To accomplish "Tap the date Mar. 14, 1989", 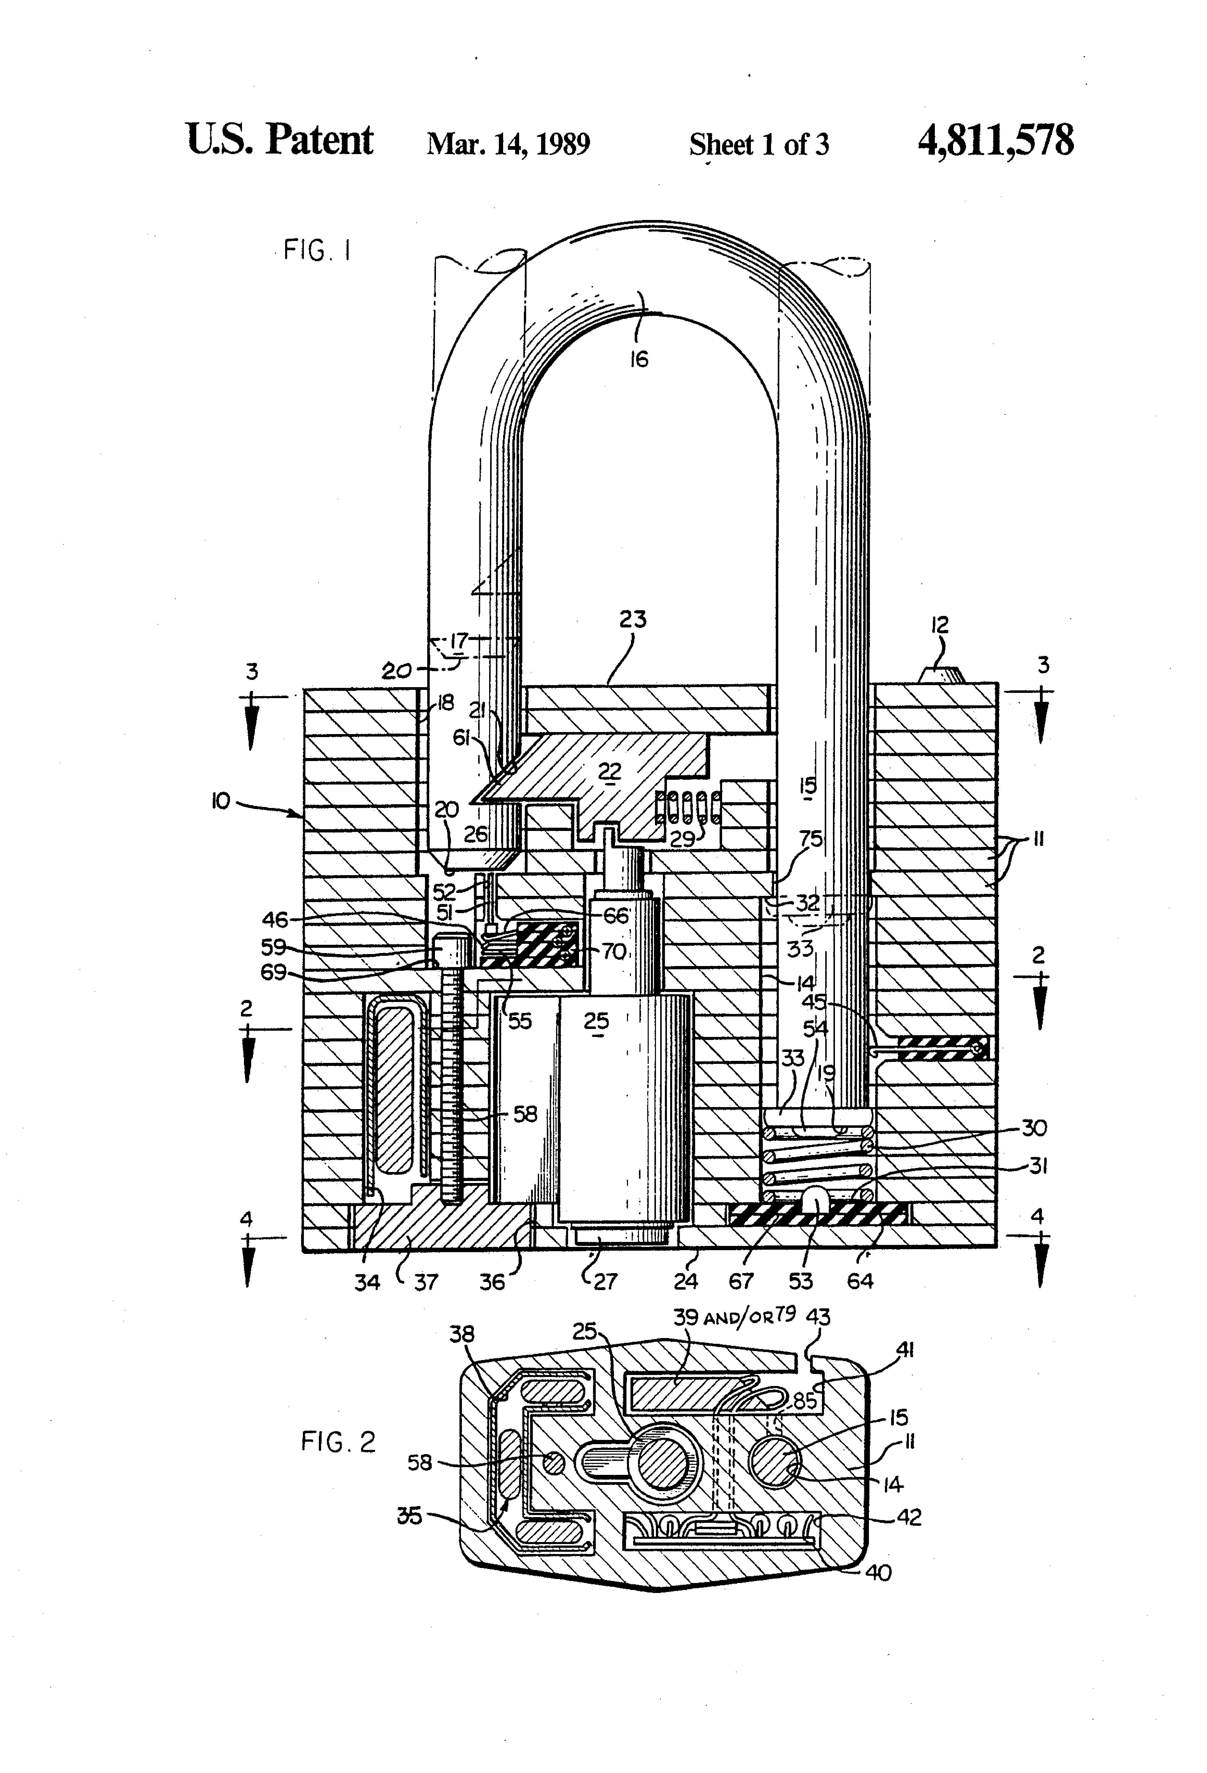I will pyautogui.click(x=508, y=143).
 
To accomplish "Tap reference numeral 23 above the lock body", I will pyautogui.click(x=632, y=619).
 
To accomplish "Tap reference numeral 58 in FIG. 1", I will pyautogui.click(x=525, y=1115).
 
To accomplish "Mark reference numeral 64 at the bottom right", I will pyautogui.click(x=860, y=1281).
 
